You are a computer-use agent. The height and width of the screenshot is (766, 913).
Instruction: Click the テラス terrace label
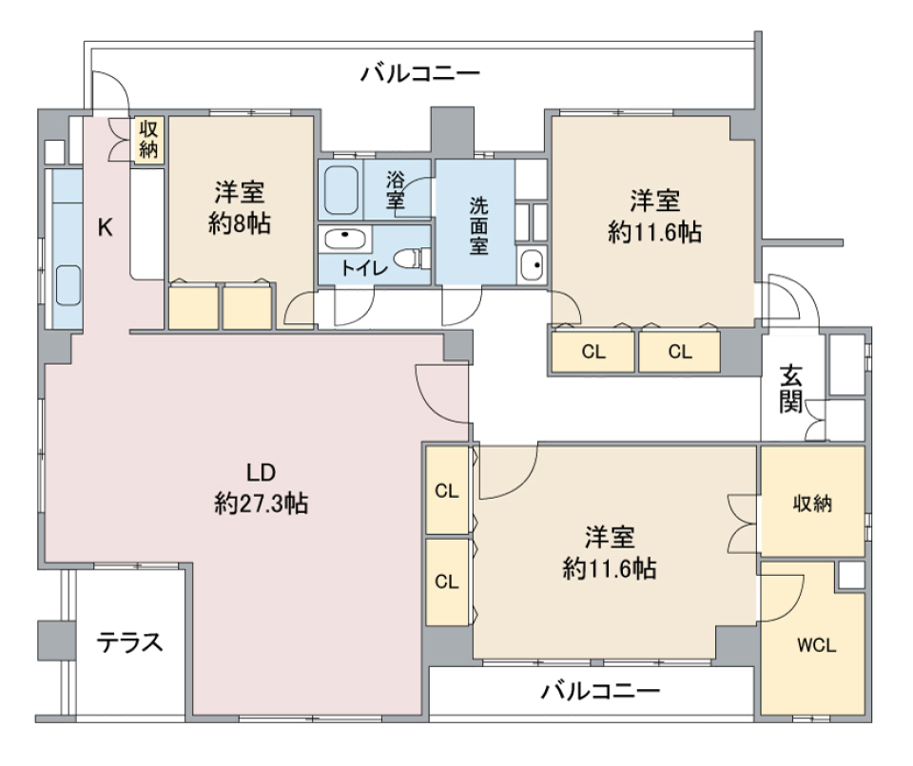[130, 643]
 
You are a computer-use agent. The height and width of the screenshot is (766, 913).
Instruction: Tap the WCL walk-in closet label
[816, 644]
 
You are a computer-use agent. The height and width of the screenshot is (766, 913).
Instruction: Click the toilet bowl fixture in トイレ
[413, 257]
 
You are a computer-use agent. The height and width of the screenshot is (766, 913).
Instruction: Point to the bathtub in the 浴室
[340, 190]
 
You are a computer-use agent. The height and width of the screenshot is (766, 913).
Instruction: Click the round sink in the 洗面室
[532, 263]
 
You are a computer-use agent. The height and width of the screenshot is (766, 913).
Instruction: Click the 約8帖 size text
[239, 224]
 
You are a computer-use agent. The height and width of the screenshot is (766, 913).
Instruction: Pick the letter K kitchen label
[107, 227]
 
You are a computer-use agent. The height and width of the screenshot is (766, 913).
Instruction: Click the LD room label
[261, 472]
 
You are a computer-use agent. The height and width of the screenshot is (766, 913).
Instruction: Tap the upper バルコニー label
[419, 73]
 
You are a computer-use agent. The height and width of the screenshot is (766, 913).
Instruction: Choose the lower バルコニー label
[600, 690]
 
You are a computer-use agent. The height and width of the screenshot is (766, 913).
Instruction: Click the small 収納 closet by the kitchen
[148, 139]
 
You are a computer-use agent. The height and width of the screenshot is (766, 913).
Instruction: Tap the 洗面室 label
[477, 224]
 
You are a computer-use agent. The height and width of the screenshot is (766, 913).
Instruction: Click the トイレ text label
[364, 268]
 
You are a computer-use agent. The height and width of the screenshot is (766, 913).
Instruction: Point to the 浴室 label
[397, 188]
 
